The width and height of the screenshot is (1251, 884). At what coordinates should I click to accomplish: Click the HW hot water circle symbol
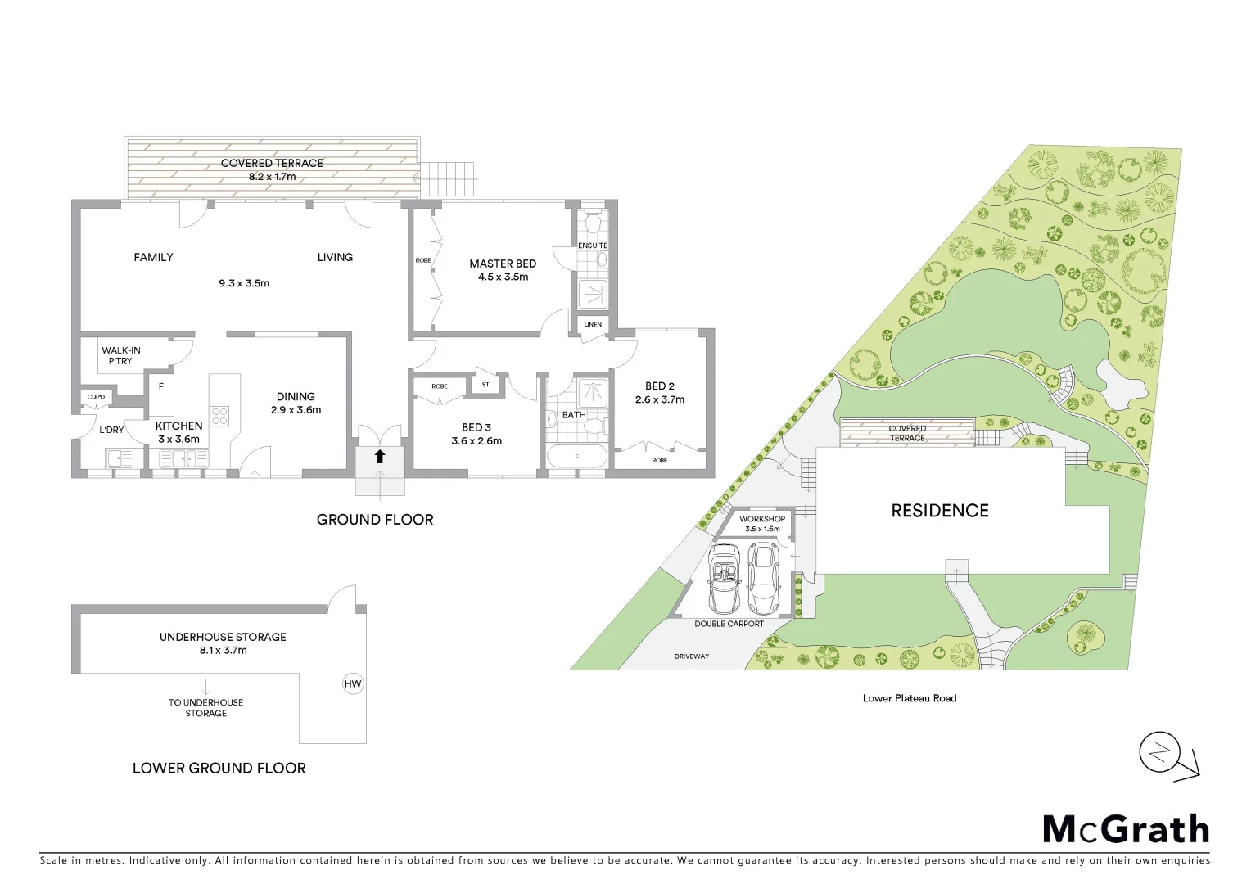tap(353, 684)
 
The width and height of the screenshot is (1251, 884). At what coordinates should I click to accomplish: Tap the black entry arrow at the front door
tap(380, 457)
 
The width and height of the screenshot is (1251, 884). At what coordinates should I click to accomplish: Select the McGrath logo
tap(1126, 830)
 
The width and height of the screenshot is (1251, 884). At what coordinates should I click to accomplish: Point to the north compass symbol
tap(1160, 754)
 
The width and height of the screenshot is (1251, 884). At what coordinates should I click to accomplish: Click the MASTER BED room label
tap(503, 264)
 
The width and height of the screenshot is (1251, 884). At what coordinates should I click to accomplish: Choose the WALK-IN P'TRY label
tap(120, 355)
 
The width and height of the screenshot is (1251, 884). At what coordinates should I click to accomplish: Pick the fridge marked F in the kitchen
tap(161, 386)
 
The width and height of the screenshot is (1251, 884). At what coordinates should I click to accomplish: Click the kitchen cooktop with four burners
tap(219, 416)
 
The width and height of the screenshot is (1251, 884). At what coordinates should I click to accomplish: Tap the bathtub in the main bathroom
tap(577, 456)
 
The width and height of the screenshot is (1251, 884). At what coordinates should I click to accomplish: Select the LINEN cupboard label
tap(593, 325)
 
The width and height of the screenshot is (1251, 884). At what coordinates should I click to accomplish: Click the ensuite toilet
tap(594, 223)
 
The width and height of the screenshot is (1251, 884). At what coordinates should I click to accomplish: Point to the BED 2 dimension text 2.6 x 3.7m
tap(660, 399)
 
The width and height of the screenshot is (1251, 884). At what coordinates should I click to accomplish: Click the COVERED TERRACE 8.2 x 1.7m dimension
tap(273, 177)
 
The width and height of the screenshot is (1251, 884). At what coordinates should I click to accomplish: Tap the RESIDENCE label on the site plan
tap(940, 511)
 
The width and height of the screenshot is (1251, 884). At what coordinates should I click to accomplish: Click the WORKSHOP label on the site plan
tap(762, 519)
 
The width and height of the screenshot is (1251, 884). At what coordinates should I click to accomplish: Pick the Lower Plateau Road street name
tap(910, 698)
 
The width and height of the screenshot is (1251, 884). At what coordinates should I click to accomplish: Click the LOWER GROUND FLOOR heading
tap(219, 768)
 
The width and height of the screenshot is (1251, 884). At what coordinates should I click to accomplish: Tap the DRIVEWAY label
tap(692, 656)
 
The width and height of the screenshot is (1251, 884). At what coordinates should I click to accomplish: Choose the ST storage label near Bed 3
tap(485, 384)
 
